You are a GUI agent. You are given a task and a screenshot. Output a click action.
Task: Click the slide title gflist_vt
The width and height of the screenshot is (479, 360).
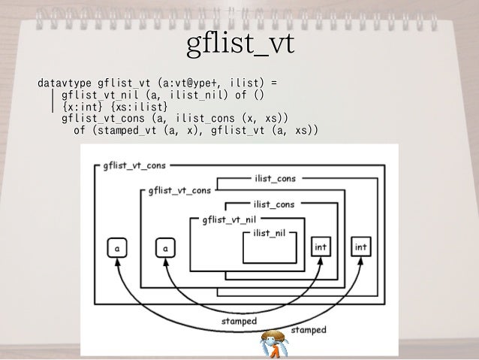click(239, 45)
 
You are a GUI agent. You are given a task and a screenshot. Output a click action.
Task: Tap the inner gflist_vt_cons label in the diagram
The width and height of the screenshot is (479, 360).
click(179, 190)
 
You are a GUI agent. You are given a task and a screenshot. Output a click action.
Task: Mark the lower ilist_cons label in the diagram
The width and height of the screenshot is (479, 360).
click(276, 204)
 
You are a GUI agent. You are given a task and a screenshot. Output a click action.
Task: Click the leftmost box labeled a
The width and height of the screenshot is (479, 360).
click(118, 246)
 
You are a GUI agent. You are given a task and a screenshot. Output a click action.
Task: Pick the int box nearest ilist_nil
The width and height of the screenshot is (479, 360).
click(320, 246)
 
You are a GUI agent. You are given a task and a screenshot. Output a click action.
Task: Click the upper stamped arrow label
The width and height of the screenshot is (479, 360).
click(239, 321)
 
